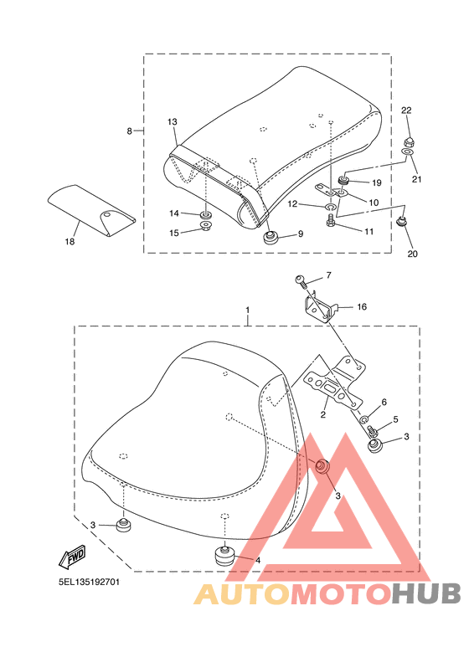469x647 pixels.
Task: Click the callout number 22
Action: [406, 110]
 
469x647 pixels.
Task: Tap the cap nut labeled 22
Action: [408, 141]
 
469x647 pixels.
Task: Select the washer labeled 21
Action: [407, 153]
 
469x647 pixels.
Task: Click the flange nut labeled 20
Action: [401, 222]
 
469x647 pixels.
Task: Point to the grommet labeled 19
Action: [343, 180]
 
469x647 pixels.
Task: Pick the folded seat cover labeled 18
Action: [90, 211]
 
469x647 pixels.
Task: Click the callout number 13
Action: [173, 121]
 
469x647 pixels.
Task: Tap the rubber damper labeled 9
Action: [271, 237]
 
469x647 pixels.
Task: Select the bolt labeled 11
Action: [330, 219]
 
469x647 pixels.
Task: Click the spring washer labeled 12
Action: [330, 205]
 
